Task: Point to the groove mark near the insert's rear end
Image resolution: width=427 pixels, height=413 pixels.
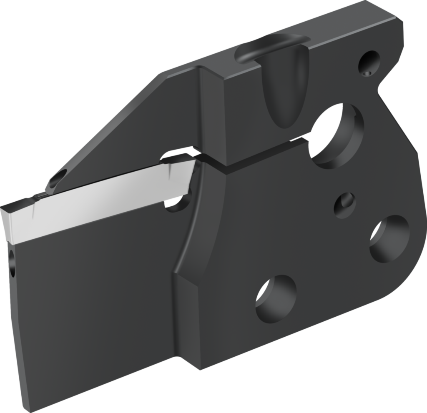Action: click(171, 168)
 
